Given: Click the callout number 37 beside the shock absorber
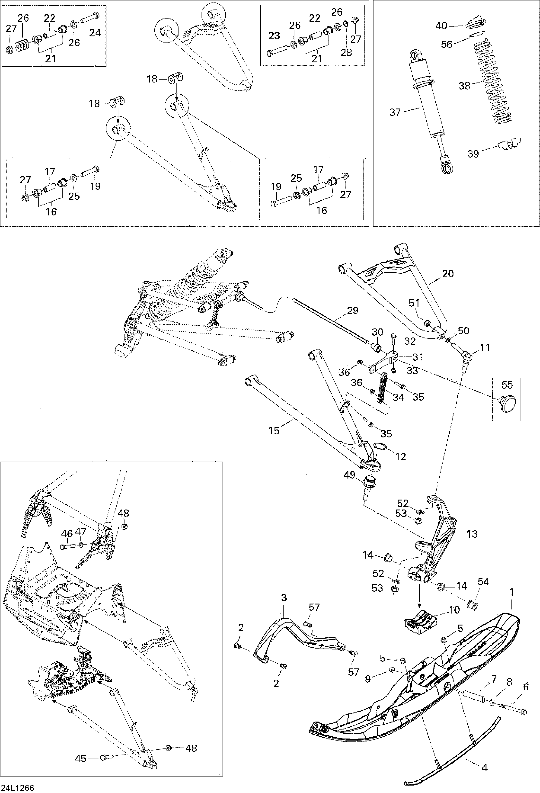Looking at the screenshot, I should coord(395,112).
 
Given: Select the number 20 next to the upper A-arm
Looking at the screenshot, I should coord(448,274).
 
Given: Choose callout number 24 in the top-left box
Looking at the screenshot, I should coord(96,33).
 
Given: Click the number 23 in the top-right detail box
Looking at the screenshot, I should coord(274,36).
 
